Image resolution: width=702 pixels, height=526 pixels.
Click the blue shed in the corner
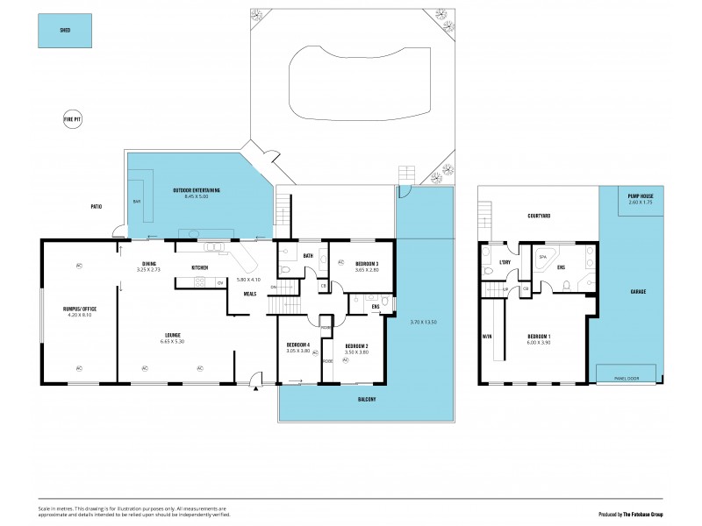click(65, 30)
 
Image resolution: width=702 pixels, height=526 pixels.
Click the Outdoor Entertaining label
click(197, 190)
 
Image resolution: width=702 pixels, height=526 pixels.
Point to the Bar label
click(136, 201)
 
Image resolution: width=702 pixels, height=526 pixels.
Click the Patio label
click(96, 207)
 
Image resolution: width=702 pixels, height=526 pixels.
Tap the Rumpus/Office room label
click(77, 308)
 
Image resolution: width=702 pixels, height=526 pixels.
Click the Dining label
click(148, 265)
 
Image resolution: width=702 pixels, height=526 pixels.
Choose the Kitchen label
click(199, 267)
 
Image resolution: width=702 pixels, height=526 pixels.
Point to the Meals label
click(250, 294)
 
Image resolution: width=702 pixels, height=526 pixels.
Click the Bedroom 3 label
click(367, 264)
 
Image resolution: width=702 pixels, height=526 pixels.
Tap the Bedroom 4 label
click(298, 345)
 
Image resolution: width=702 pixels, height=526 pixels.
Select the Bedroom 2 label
click(356, 346)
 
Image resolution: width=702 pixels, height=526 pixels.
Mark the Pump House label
click(640, 196)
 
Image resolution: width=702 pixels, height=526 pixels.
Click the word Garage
click(639, 290)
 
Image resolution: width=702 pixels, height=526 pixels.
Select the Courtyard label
click(538, 217)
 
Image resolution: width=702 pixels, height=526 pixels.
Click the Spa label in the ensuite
click(542, 257)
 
